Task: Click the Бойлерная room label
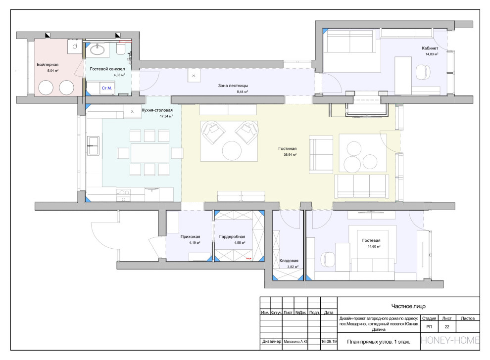48,65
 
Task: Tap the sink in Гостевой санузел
98,49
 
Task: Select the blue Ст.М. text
107,88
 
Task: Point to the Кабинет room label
430,48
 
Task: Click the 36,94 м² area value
290,154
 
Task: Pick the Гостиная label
288,149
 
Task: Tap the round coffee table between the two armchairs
232,151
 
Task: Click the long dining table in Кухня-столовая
150,153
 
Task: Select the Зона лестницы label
233,86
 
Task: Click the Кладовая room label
289,261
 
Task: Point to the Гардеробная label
232,237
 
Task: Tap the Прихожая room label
191,237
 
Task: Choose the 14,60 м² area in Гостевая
374,246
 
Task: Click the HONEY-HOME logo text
450,340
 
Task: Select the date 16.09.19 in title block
329,342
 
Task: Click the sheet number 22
447,326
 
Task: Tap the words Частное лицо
408,306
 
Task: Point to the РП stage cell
429,326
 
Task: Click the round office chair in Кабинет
423,72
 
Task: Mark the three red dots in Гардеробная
249,259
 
